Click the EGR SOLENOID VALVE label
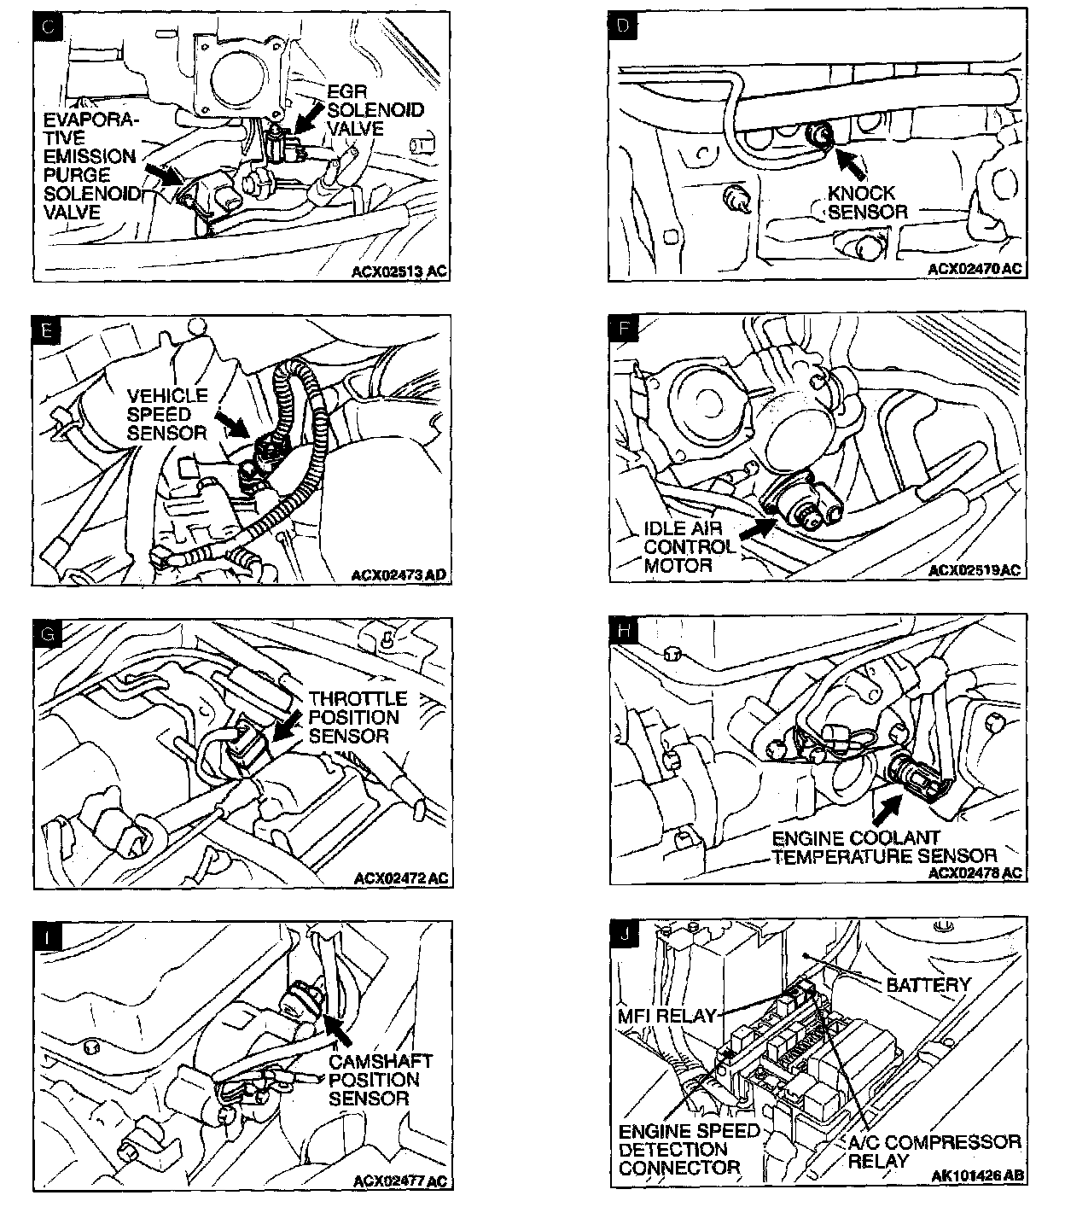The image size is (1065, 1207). click(x=375, y=110)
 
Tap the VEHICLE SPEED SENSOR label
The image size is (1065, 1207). click(x=167, y=414)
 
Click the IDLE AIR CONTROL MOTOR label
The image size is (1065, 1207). click(x=689, y=547)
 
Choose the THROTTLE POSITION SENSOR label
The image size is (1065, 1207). click(x=358, y=717)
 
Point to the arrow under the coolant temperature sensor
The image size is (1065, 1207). click(x=890, y=802)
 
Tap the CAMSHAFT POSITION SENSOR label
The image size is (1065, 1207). click(x=380, y=1080)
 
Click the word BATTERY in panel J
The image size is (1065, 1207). click(x=928, y=985)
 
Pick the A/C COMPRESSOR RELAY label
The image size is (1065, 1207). click(x=934, y=1151)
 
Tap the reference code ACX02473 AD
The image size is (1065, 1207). click(x=399, y=575)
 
